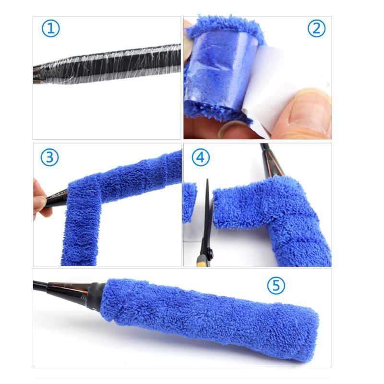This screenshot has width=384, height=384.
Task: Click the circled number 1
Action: [51, 29]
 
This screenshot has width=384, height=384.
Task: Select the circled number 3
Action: [49, 157]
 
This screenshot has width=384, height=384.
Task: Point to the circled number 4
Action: [201, 157]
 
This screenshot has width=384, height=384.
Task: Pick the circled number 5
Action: [276, 286]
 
